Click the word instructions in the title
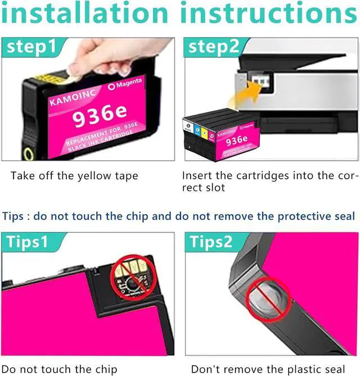(269, 13)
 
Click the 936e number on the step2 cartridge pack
(237, 140)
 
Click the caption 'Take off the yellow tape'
(74, 176)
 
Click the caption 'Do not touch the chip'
(60, 369)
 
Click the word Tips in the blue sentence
(14, 216)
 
